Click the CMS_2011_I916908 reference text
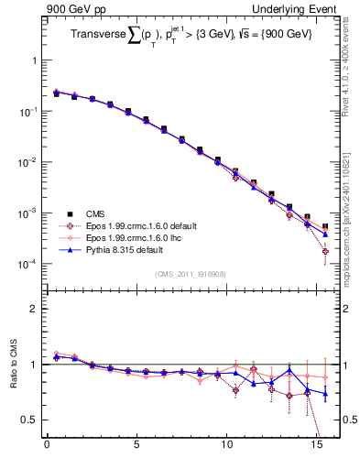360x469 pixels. tap(191, 273)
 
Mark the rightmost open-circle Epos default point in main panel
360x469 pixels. tap(325, 251)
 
